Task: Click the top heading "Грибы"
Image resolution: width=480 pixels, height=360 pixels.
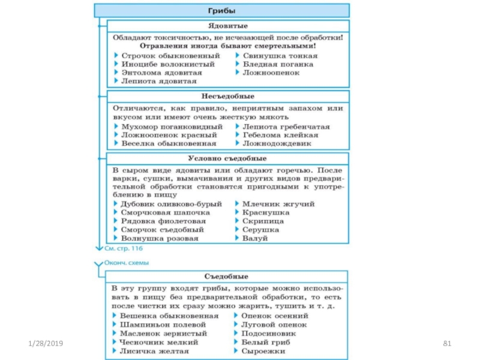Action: (221, 10)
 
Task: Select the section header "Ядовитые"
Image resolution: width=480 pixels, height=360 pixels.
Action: (227, 26)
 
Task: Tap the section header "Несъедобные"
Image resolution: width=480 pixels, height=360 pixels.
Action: (227, 96)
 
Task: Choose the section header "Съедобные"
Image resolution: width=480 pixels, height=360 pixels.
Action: (227, 277)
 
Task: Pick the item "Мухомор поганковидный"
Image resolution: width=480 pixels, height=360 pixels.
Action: (172, 127)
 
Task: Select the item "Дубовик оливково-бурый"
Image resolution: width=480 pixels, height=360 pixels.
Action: (172, 204)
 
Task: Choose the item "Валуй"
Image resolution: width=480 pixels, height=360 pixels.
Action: (254, 238)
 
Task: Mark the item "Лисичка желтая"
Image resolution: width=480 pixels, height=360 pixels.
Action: (155, 351)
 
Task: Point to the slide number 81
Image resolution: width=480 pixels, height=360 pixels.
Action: (446, 343)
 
